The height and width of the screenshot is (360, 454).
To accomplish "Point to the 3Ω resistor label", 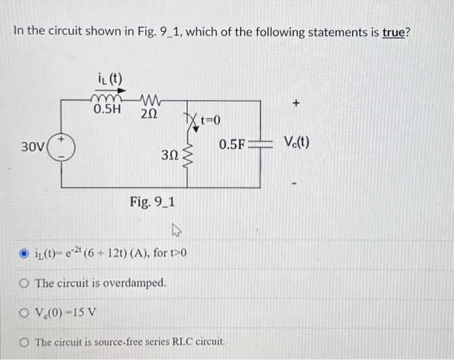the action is pos(170,155).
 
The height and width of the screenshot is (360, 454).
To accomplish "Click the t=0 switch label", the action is pos(210,120).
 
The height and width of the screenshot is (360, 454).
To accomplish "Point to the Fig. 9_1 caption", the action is pos(150,202).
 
